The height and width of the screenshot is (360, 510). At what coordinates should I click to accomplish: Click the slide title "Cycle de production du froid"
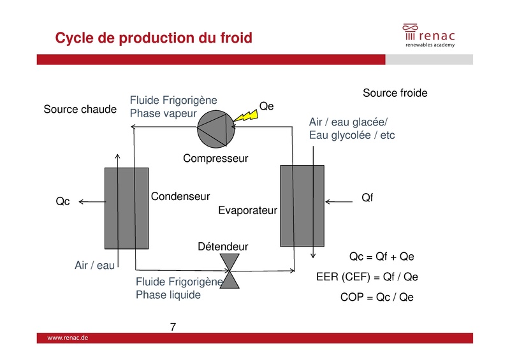pos(154,38)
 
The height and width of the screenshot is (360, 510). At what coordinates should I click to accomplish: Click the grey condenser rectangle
pos(126,208)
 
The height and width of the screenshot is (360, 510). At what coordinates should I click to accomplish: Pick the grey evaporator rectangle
pos(302,205)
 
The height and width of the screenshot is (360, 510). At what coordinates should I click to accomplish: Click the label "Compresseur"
pos(215,158)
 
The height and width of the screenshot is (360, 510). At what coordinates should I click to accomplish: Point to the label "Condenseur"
pos(180,197)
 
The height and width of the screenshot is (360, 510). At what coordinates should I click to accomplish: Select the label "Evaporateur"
pos(247,210)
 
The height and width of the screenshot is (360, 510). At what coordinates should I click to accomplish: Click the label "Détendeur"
pos(222,247)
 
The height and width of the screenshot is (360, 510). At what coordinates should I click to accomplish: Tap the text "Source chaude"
pos(80,110)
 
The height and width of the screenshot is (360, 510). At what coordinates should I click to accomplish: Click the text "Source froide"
pos(395,94)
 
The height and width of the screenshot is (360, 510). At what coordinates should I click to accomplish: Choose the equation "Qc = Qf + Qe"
pos(382,257)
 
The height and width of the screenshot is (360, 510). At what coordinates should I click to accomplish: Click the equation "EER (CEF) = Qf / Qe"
pos(367,277)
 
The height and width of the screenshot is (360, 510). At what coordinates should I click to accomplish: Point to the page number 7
pos(173,328)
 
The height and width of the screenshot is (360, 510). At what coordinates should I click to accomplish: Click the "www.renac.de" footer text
pos(68,338)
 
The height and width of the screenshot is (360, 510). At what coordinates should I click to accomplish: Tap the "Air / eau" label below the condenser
pos(95,265)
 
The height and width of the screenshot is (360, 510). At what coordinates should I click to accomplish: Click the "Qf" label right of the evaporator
pos(367,198)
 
